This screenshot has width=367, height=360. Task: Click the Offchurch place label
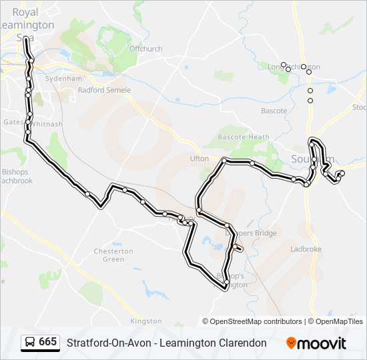click(146, 49)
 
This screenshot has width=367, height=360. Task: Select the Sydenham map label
click(59, 78)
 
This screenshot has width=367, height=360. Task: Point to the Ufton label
click(200, 159)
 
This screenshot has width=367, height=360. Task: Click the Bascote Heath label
click(245, 137)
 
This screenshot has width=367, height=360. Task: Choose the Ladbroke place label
click(306, 249)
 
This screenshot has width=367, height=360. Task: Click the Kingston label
click(147, 321)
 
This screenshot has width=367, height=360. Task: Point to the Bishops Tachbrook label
click(16, 176)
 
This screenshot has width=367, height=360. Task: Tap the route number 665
click(48, 342)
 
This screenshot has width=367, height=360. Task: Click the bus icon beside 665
click(30, 343)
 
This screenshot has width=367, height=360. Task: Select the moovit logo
click(316, 343)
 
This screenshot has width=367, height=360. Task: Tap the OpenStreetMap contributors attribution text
click(256, 321)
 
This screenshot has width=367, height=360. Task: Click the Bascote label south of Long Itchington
click(274, 111)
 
